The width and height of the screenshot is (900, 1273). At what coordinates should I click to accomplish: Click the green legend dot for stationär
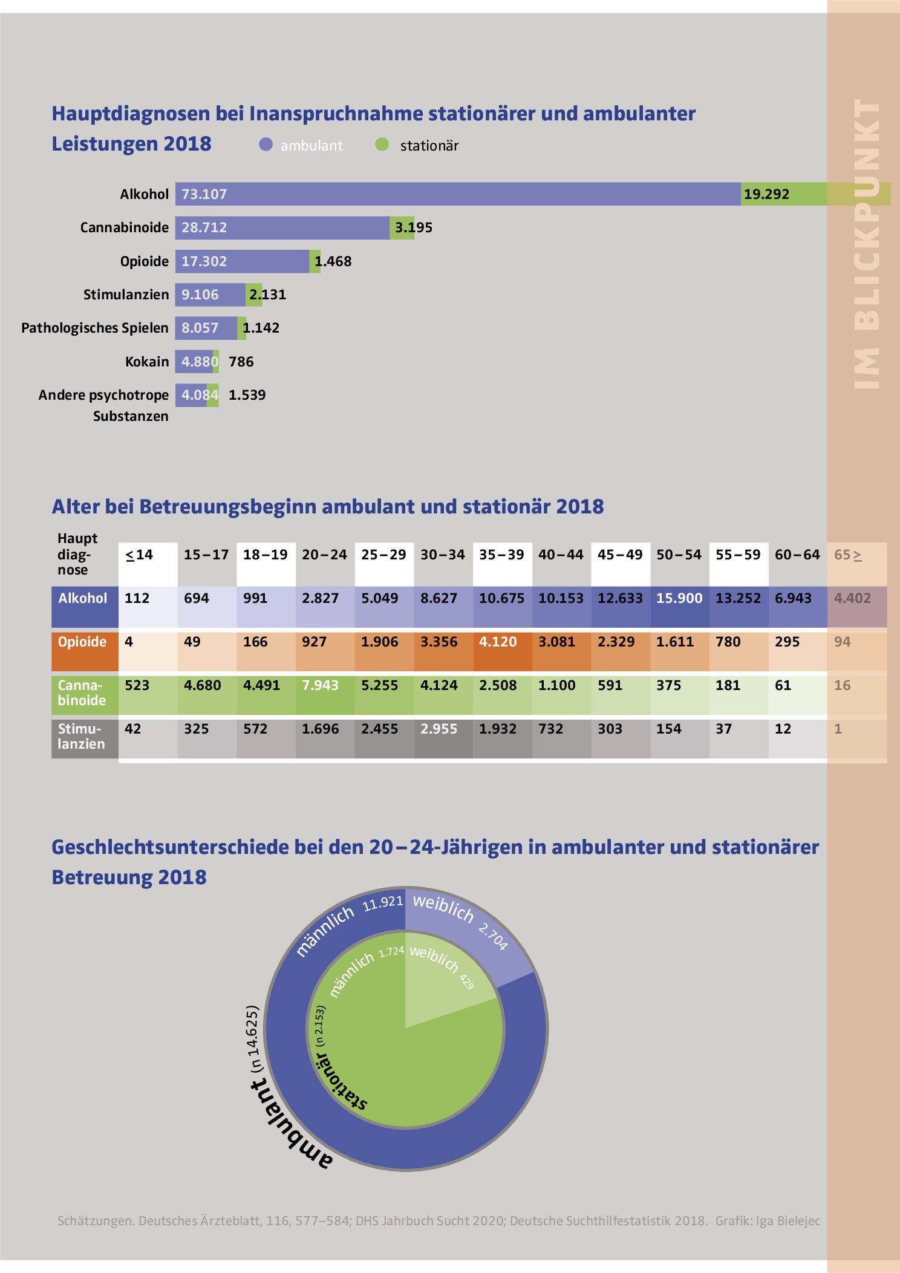pos(382,144)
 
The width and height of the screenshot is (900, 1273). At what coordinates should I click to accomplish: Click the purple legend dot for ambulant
pos(266,144)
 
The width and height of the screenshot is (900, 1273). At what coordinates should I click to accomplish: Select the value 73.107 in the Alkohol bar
pos(204,194)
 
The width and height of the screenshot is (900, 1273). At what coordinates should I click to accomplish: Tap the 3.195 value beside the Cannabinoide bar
pos(414,227)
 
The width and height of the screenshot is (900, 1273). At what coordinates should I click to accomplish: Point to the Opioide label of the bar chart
pos(145,261)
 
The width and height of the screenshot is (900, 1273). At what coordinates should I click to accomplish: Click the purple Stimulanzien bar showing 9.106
pos(210,295)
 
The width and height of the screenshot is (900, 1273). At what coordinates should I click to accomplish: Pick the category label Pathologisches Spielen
pos(95,328)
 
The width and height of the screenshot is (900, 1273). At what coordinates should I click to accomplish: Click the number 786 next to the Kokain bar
pos(241,362)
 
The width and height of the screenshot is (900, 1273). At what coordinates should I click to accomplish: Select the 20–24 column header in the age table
pos(325,555)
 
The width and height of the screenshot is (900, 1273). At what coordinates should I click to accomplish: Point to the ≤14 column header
pos(139,555)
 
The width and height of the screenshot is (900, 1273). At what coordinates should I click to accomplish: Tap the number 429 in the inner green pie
pos(466,982)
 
